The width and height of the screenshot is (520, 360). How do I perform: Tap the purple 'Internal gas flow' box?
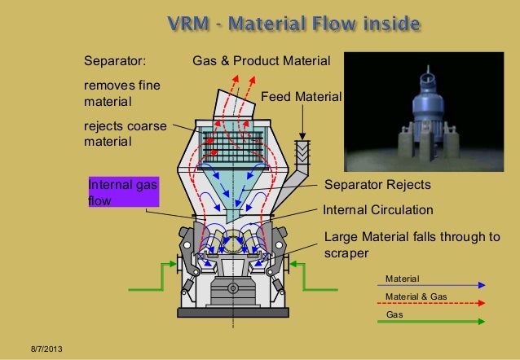(122, 192)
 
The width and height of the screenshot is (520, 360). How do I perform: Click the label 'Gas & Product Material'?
(261, 61)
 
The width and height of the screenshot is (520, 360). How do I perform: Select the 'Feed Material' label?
(301, 98)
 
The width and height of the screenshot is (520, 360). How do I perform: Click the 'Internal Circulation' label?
(378, 210)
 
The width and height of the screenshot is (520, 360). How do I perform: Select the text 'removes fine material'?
(115, 94)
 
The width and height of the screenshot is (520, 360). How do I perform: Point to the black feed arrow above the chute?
(302, 125)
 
